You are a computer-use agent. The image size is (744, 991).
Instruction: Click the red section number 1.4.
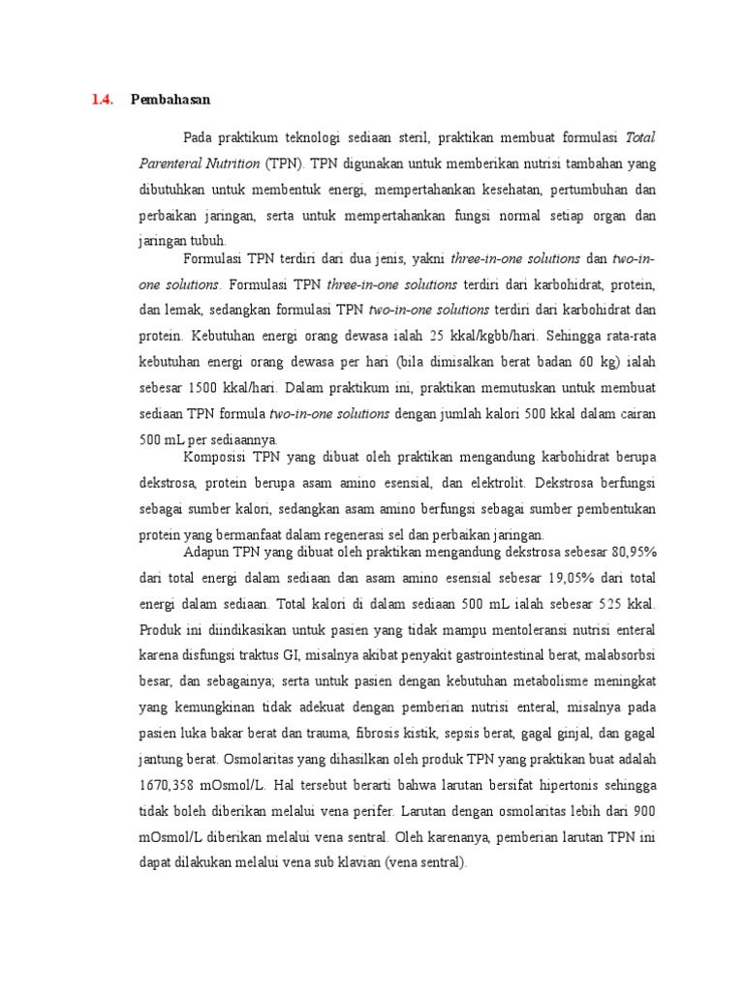103,100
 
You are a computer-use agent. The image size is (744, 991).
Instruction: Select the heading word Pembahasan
170,100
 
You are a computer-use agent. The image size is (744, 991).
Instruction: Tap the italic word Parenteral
170,164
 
